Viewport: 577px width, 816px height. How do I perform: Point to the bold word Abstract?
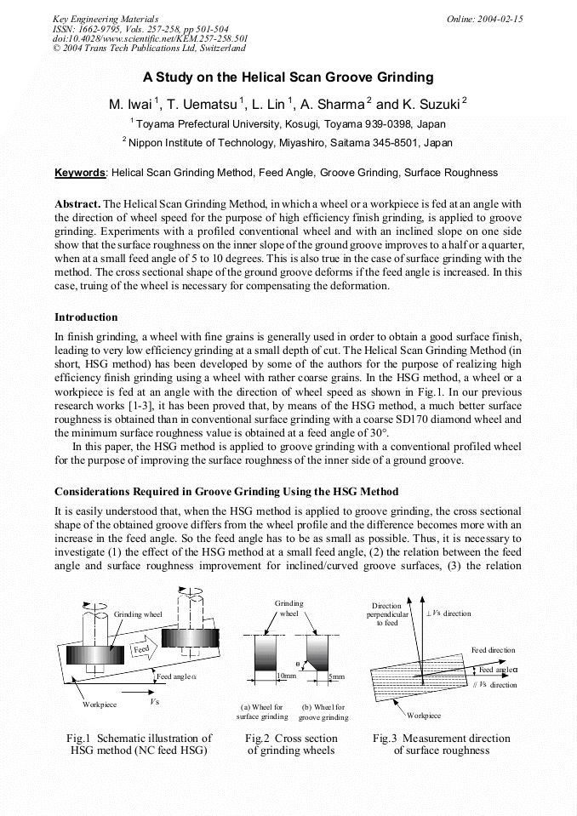[x=77, y=205]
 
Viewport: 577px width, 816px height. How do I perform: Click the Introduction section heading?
[x=86, y=317]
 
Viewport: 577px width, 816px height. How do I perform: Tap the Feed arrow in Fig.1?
[x=141, y=648]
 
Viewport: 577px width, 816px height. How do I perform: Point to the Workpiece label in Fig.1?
[x=100, y=705]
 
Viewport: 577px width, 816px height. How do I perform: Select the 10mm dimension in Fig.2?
[x=287, y=676]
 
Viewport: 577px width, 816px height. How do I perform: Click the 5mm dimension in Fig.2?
[x=336, y=676]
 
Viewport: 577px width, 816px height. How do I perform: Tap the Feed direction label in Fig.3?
[x=493, y=650]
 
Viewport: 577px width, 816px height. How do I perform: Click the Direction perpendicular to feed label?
[x=386, y=613]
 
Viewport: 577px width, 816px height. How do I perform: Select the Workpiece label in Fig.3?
[x=424, y=716]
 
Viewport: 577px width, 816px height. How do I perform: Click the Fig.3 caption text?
[x=441, y=745]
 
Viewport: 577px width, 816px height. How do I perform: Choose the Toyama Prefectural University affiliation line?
[x=288, y=123]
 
